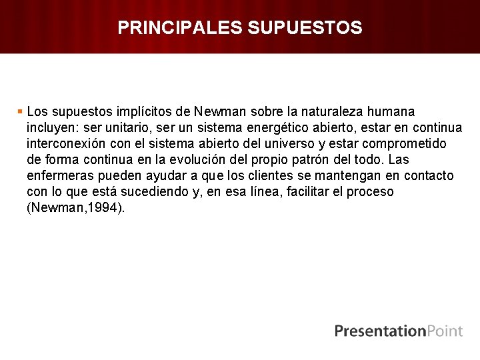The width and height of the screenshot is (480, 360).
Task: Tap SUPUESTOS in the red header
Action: point(305,27)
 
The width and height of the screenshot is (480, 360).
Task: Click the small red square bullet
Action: point(21,111)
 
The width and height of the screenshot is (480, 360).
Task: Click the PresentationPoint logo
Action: point(398,331)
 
